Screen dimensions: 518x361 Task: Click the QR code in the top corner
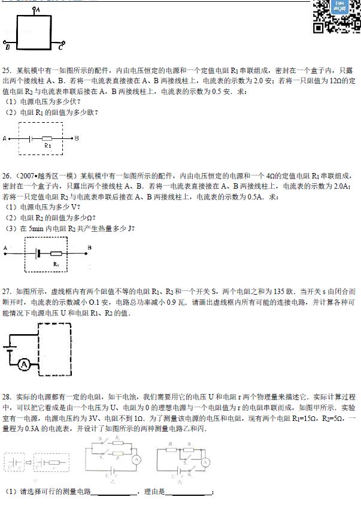click(x=337, y=16)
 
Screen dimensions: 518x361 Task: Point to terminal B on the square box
click(x=8, y=44)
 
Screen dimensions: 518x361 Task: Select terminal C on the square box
click(x=62, y=44)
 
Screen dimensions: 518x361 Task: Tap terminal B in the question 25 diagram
click(x=76, y=138)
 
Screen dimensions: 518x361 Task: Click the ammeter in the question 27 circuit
click(x=24, y=364)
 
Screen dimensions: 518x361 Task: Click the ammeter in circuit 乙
click(x=135, y=460)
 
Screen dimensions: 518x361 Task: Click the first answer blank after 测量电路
click(x=114, y=493)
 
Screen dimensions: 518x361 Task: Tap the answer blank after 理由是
click(x=188, y=493)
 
